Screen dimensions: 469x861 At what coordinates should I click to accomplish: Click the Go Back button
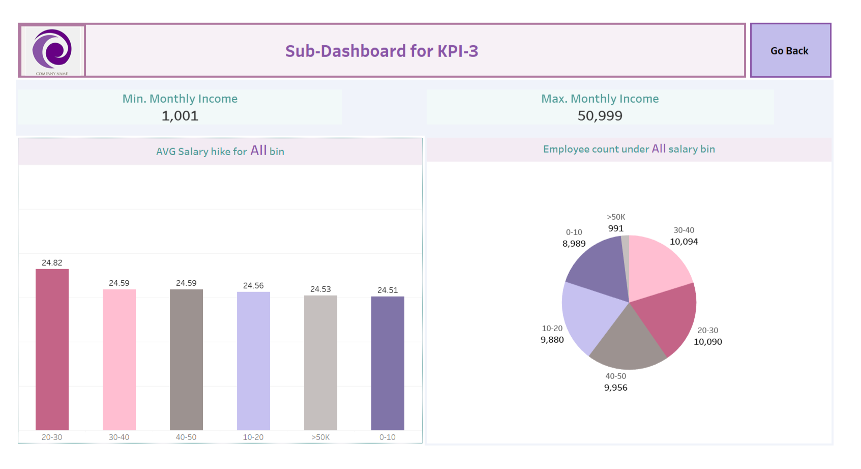[x=790, y=50]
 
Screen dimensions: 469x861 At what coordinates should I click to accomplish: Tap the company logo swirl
[x=52, y=49]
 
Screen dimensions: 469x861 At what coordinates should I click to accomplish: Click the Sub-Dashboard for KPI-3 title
[x=381, y=51]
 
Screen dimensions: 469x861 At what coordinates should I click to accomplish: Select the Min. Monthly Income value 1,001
[x=180, y=116]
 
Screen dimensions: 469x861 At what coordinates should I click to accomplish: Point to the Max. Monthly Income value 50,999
[x=600, y=116]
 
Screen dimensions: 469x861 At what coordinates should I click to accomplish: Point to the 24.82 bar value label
[x=52, y=262]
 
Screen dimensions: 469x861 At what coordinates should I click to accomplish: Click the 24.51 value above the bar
[x=388, y=290]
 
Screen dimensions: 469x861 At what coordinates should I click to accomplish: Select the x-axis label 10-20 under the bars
[x=253, y=437]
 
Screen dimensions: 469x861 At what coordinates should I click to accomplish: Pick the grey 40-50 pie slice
[x=628, y=343]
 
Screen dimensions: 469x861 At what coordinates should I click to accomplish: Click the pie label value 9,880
[x=552, y=340]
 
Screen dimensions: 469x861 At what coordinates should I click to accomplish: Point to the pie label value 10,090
[x=707, y=342]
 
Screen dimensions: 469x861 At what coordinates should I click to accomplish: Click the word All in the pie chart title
[x=659, y=149]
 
